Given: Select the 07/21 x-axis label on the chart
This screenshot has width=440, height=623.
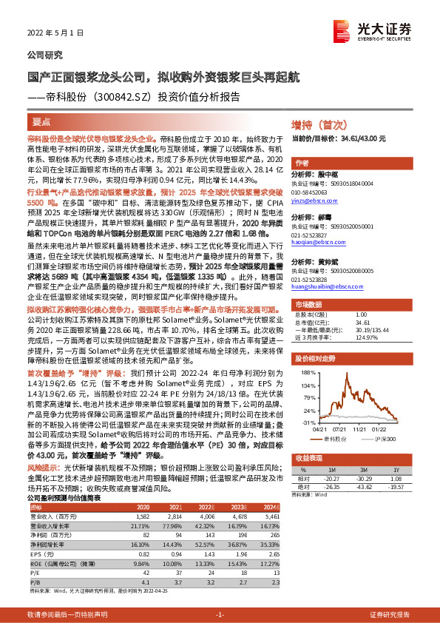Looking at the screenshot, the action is tap(341, 428).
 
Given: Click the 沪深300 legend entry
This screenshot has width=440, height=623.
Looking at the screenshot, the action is tap(387, 438).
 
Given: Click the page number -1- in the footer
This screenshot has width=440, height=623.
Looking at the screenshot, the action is tap(220, 615).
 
